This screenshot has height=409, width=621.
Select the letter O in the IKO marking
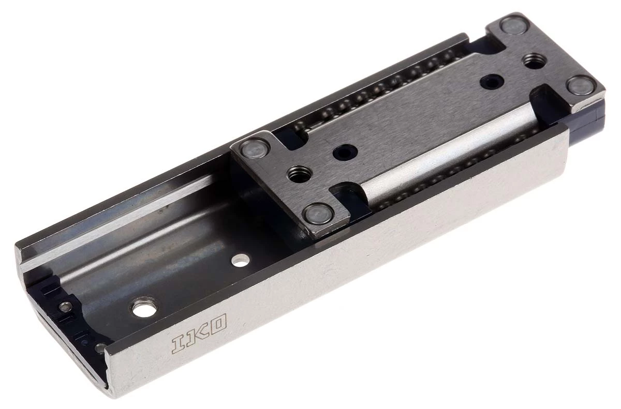[217, 326]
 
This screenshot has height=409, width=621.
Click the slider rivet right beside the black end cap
[581, 85]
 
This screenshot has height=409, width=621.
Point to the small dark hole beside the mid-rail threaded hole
[343, 152]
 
